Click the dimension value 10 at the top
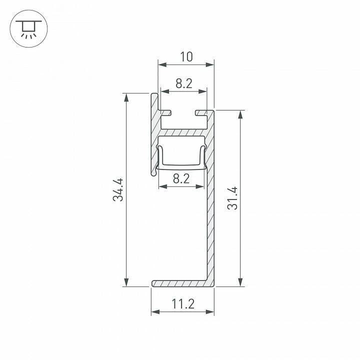[186, 57]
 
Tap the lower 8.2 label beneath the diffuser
[181, 178]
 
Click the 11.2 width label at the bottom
[183, 303]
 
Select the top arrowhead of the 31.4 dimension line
[241, 114]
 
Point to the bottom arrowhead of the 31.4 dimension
[241, 283]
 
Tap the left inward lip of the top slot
[167, 112]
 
